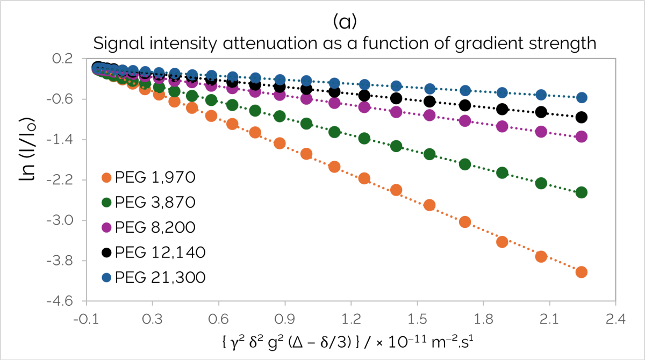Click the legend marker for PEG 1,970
pyautogui.click(x=106, y=177)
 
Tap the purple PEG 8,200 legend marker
pyautogui.click(x=106, y=227)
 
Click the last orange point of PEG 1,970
pyautogui.click(x=581, y=272)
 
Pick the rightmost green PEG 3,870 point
pyautogui.click(x=581, y=192)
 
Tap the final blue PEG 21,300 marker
pyautogui.click(x=581, y=98)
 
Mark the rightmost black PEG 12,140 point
pyautogui.click(x=581, y=117)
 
